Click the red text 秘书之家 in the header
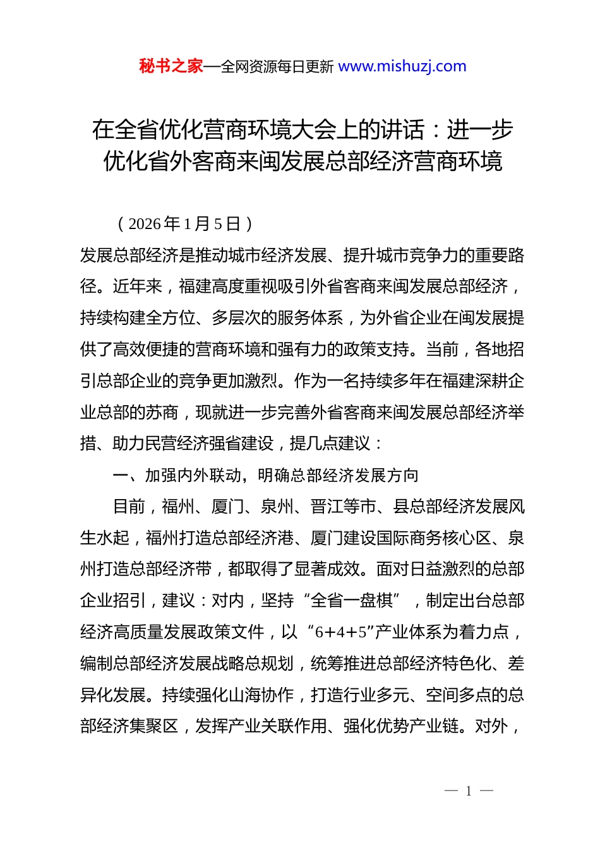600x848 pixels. point(171,66)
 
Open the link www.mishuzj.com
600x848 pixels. point(402,66)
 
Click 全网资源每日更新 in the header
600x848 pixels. point(277,67)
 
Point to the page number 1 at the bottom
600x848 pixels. point(469,791)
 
